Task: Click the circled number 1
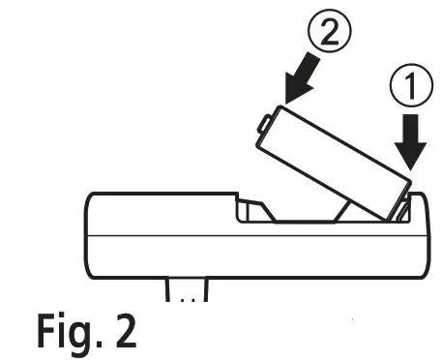click(x=410, y=90)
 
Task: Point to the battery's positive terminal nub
click(x=264, y=124)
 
